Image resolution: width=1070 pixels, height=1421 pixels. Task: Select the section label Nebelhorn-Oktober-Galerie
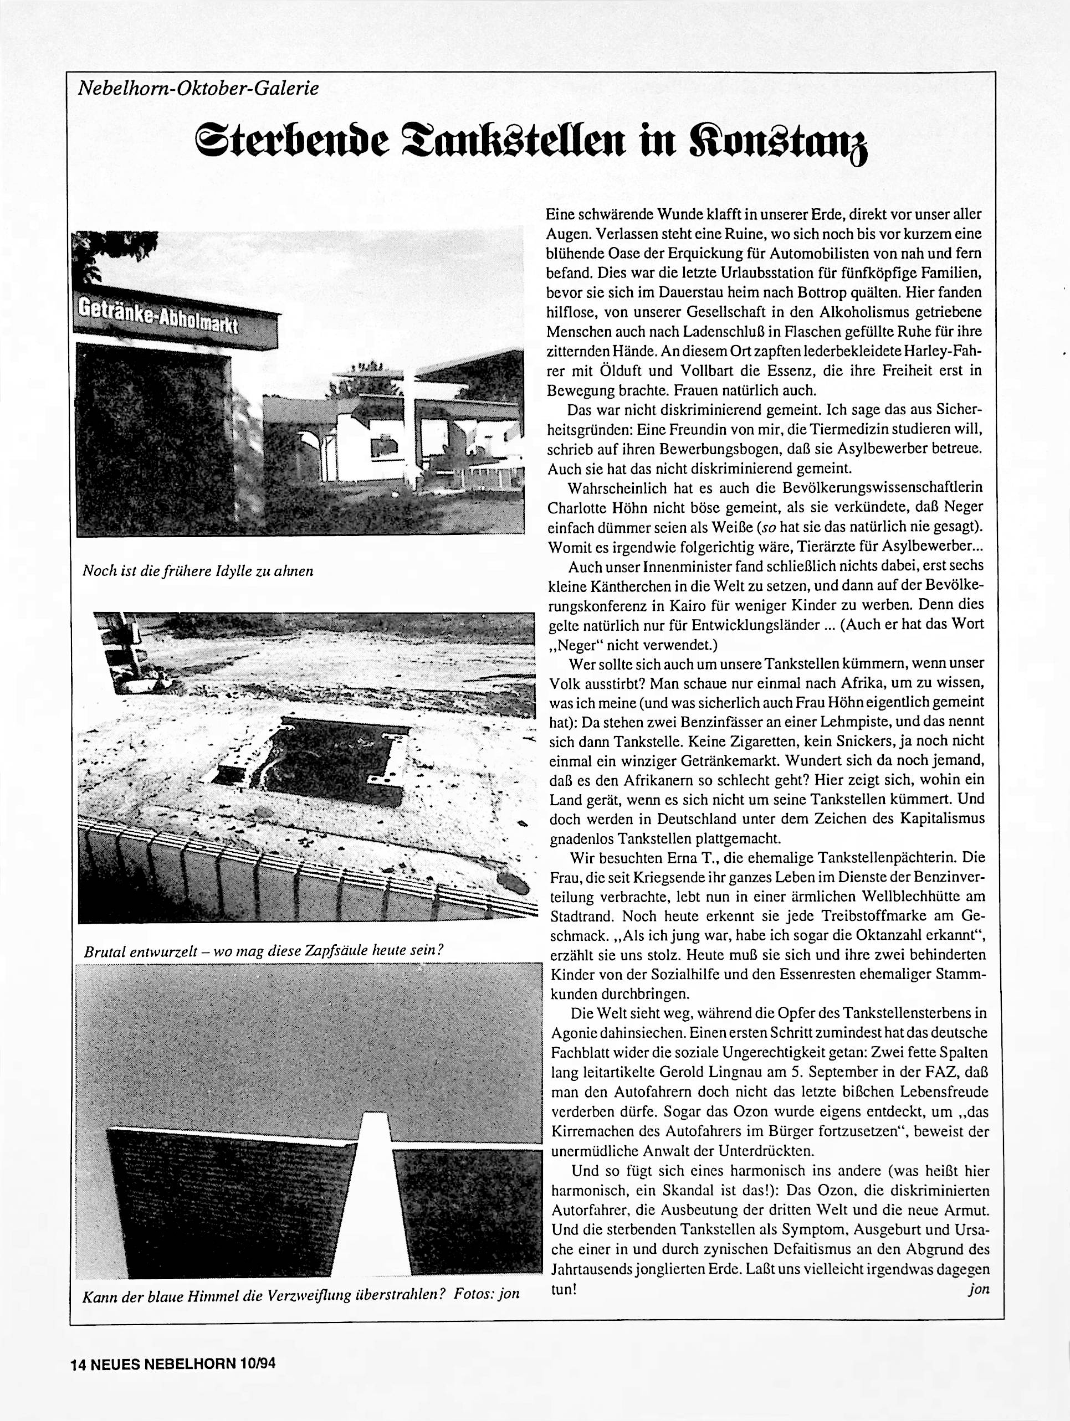pos(198,89)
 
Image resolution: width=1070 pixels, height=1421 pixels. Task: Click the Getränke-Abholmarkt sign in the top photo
pos(158,317)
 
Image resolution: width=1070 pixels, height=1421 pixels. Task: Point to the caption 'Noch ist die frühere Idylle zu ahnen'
pos(198,570)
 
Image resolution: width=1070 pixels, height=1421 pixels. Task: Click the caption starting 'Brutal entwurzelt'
pos(264,950)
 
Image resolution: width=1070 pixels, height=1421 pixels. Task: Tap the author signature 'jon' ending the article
pos(978,1289)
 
